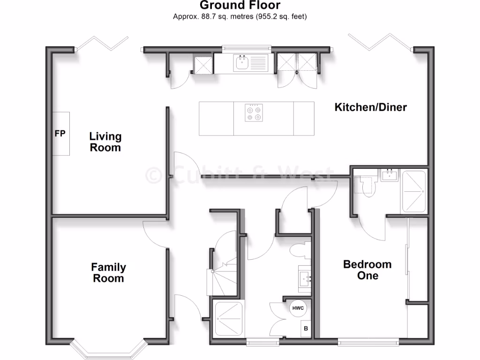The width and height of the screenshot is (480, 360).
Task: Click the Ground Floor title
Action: coord(240,6)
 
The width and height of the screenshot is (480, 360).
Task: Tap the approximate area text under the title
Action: coord(240,17)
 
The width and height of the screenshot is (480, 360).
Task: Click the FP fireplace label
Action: coord(60,134)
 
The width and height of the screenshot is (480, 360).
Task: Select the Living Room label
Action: coord(105,142)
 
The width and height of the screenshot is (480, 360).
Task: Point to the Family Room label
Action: coord(108,273)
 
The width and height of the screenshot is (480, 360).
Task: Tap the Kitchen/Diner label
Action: coord(370,107)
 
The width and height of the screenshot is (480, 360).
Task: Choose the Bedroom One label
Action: coord(367,270)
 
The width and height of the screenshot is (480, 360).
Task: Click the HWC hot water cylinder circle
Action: coord(299,308)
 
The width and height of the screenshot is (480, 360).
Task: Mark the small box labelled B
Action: coord(306,329)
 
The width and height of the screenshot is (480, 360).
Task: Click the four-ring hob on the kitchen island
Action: coord(254,112)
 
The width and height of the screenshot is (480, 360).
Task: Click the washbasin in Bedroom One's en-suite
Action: coord(390,176)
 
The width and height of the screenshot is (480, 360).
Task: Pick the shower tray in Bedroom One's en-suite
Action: coord(413,192)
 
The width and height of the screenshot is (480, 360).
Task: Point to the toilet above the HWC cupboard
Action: coord(300,250)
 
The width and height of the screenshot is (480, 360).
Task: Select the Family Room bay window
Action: coord(107,349)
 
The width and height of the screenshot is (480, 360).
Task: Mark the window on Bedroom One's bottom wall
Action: coord(368,341)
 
